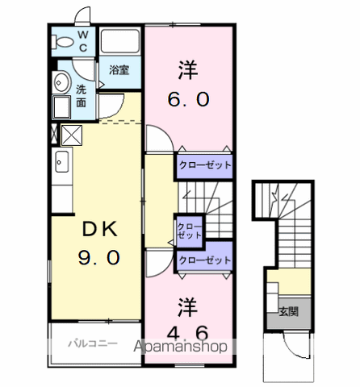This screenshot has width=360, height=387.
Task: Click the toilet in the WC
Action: pyautogui.click(x=63, y=42)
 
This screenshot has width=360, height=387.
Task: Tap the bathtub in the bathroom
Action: pyautogui.click(x=120, y=41)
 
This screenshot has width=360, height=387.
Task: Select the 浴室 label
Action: pyautogui.click(x=119, y=70)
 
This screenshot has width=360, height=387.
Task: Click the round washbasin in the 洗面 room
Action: pyautogui.click(x=61, y=82)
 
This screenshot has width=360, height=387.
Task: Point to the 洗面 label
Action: pyautogui.click(x=81, y=96)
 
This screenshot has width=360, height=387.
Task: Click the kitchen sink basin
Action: pyautogui.click(x=62, y=161)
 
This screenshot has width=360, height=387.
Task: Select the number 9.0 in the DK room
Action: pyautogui.click(x=99, y=257)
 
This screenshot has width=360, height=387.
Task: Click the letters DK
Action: pyautogui.click(x=100, y=229)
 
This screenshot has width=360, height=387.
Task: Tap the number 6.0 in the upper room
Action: pyautogui.click(x=188, y=99)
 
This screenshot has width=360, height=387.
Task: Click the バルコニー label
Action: pyautogui.click(x=93, y=343)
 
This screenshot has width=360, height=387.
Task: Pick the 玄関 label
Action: pyautogui.click(x=289, y=311)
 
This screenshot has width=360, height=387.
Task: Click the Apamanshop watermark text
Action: pyautogui.click(x=180, y=347)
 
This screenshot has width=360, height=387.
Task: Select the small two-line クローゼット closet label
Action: pyautogui.click(x=190, y=231)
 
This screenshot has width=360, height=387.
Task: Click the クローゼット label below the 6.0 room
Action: pyautogui.click(x=205, y=164)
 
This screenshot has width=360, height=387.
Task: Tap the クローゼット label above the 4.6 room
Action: pyautogui.click(x=205, y=260)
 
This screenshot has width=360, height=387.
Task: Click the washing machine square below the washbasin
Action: pyautogui.click(x=61, y=107)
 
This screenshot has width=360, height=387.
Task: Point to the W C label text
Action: pyautogui.click(x=83, y=41)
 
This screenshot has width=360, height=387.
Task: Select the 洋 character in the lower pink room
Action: pyautogui.click(x=187, y=307)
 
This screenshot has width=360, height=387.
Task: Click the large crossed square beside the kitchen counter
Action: pyautogui.click(x=72, y=135)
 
